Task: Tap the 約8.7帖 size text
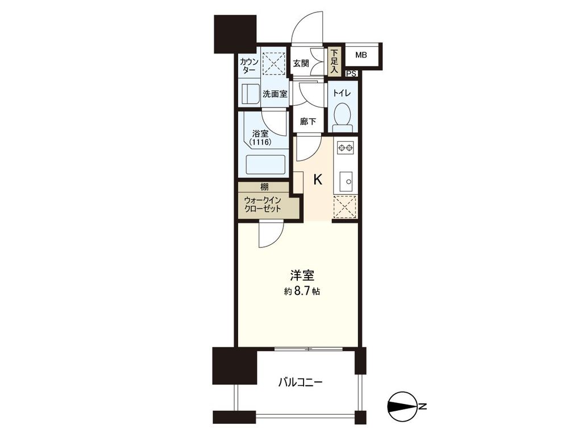pyautogui.click(x=302, y=291)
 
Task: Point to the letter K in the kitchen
pyautogui.click(x=318, y=180)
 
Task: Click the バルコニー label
pyautogui.click(x=300, y=382)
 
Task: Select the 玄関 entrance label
pyautogui.click(x=301, y=64)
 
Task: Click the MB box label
pyautogui.click(x=361, y=55)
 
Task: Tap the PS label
pyautogui.click(x=352, y=73)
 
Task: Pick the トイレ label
pyautogui.click(x=342, y=93)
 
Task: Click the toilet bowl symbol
pyautogui.click(x=342, y=116)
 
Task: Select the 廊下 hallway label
pyautogui.click(x=307, y=121)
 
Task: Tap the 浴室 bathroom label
pyautogui.click(x=260, y=134)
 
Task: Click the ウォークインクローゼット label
pyautogui.click(x=263, y=204)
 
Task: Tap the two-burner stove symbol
pyautogui.click(x=345, y=149)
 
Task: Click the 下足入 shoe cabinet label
pyautogui.click(x=334, y=61)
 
